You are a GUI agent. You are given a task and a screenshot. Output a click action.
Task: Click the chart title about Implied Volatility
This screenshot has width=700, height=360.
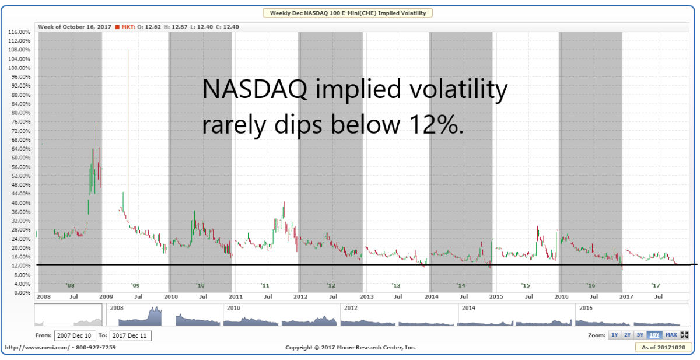pos(348,13)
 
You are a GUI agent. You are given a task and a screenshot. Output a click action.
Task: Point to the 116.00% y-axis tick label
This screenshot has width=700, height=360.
pos(19,32)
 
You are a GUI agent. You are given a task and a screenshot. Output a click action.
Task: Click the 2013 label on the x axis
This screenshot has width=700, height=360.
pos(366,296)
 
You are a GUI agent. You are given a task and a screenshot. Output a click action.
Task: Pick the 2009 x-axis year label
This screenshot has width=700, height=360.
pos(106,296)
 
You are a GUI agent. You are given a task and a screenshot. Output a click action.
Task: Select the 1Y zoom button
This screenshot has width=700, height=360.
pos(614,335)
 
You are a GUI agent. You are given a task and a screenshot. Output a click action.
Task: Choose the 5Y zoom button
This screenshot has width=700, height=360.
pos(640,335)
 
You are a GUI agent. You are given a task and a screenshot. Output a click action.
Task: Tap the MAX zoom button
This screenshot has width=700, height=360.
pos(671,335)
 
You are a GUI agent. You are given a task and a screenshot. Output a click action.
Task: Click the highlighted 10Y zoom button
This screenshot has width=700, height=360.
pos(654,335)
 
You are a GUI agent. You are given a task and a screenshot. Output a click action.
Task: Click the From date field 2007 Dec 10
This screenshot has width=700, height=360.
pos(75,335)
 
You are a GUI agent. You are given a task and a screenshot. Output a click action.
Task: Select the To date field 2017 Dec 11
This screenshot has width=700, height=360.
pos(130,335)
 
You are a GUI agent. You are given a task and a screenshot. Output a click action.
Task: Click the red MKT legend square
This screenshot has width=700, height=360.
pos(117,27)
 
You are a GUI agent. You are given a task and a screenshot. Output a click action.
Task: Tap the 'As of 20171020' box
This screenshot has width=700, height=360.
pos(663,348)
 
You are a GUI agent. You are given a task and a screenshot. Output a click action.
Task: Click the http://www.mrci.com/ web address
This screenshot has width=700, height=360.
pos(38,348)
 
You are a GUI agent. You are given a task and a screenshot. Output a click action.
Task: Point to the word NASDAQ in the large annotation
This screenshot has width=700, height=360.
pos(254,89)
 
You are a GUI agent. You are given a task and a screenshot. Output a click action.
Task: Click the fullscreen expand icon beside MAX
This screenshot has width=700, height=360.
pos(684,335)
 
